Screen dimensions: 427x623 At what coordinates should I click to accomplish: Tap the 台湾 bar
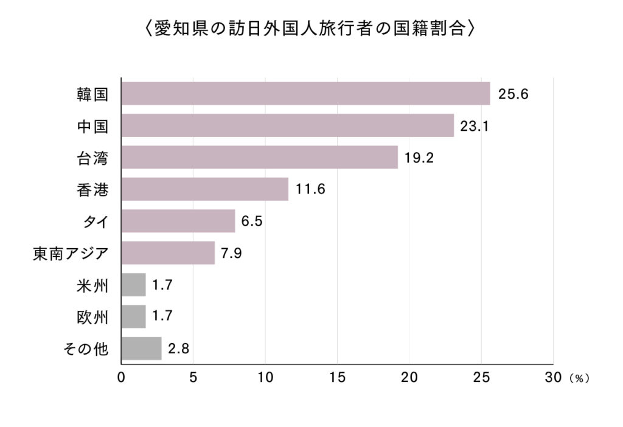coord(259,157)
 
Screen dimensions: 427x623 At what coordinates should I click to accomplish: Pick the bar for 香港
coord(204,189)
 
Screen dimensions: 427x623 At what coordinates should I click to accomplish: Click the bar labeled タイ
coord(178,221)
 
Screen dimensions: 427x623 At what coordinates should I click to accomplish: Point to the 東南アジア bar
coord(168,252)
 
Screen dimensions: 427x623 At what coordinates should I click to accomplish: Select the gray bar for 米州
coord(133,285)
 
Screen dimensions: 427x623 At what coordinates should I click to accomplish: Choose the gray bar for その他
coord(141,349)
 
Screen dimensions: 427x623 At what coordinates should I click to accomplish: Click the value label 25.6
coord(512,94)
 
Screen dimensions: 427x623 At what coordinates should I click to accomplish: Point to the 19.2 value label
coord(420,158)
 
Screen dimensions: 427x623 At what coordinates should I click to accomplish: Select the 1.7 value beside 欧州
coord(162,317)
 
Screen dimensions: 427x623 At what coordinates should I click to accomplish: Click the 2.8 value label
coord(178,349)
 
